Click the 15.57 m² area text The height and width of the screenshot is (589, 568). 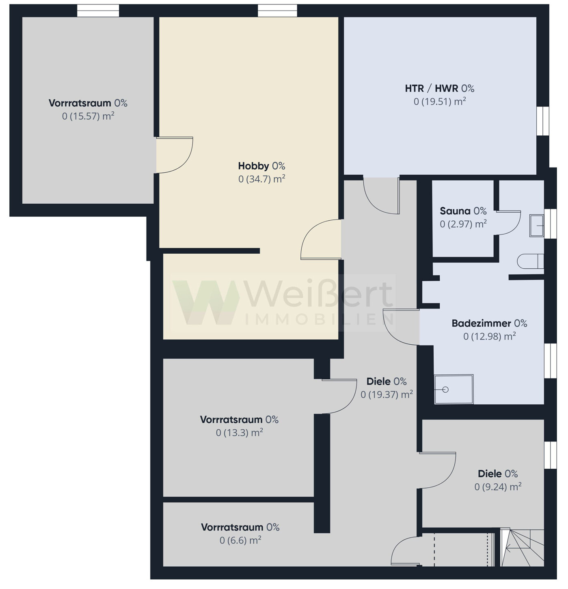pyautogui.click(x=88, y=116)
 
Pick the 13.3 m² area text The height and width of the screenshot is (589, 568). pyautogui.click(x=239, y=433)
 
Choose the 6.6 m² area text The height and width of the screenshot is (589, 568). pyautogui.click(x=240, y=540)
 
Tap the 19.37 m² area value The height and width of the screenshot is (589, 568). pyautogui.click(x=387, y=394)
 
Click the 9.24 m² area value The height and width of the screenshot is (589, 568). pyautogui.click(x=498, y=487)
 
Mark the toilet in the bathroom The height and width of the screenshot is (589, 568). pyautogui.click(x=530, y=261)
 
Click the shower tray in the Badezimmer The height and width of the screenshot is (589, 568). pyautogui.click(x=454, y=389)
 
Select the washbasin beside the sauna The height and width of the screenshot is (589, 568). pyautogui.click(x=536, y=226)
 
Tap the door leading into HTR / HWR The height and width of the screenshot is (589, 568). pyautogui.click(x=381, y=196)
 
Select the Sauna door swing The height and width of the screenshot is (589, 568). pyautogui.click(x=508, y=222)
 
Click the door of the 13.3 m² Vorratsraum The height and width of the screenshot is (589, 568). pyautogui.click(x=339, y=396)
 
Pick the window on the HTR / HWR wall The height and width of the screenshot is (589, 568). pyautogui.click(x=542, y=121)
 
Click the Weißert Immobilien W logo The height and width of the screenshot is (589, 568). pyautogui.click(x=206, y=302)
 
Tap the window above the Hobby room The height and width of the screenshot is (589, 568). pyautogui.click(x=277, y=11)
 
